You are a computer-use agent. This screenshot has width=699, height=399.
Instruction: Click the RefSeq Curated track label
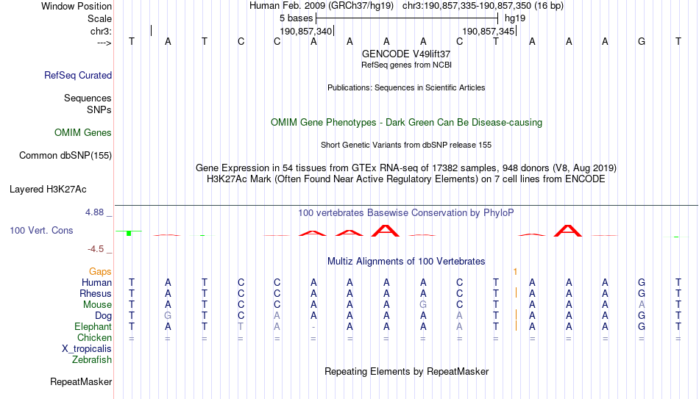[78, 75]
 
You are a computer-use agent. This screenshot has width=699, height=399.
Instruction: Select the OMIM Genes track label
[83, 133]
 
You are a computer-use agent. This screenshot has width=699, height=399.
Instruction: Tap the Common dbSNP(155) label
[65, 156]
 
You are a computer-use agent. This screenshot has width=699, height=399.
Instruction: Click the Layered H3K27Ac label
[48, 190]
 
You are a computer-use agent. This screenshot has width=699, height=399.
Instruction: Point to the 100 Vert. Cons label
[41, 230]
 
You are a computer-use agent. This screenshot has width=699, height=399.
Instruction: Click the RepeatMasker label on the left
[81, 381]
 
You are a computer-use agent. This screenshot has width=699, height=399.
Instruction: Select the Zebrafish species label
[92, 359]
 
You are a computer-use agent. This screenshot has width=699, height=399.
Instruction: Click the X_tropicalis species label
[87, 349]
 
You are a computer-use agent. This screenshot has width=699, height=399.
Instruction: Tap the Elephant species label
[93, 326]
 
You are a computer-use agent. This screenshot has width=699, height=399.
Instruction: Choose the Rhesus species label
[96, 293]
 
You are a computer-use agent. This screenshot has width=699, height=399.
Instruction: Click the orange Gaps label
[100, 272]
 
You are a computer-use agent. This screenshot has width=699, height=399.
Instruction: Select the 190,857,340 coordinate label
[306, 31]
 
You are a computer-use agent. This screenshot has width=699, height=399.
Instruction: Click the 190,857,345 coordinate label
[489, 31]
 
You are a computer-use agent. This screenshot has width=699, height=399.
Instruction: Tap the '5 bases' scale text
[296, 18]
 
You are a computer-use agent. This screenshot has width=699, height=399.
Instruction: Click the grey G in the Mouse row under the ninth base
[423, 305]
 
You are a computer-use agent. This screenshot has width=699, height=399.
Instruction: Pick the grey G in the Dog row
[168, 316]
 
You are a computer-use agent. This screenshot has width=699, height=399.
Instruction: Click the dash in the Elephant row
[313, 327]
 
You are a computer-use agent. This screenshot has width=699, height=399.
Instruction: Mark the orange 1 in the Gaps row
[515, 272]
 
